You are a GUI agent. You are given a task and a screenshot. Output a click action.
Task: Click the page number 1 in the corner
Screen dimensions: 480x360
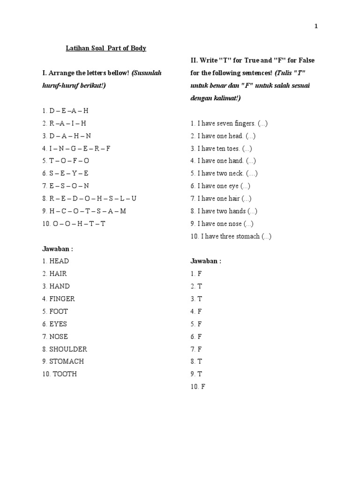click(316, 27)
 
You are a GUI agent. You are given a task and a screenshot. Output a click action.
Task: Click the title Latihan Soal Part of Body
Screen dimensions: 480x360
click(105, 48)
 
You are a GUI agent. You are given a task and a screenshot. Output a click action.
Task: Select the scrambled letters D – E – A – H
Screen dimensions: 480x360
click(69, 111)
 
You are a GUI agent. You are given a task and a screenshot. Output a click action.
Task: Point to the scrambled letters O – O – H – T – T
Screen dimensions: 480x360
click(79, 224)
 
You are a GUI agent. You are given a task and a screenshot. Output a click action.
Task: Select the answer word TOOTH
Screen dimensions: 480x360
click(65, 374)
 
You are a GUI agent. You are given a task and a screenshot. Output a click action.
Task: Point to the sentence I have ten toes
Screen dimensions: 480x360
click(219, 149)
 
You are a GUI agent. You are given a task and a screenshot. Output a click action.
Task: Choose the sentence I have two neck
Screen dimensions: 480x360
click(220, 173)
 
